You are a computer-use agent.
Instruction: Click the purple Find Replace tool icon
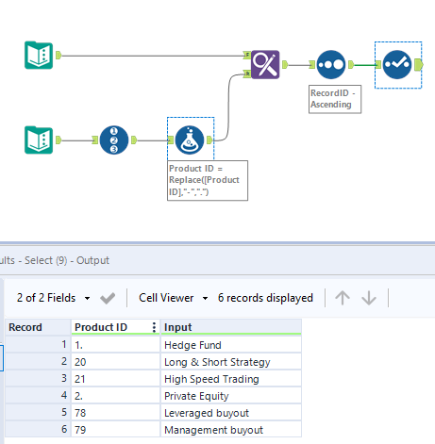pyautogui.click(x=265, y=64)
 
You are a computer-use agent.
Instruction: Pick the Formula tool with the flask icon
pyautogui.click(x=185, y=140)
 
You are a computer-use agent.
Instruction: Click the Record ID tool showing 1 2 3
pyautogui.click(x=113, y=140)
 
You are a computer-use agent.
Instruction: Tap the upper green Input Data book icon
pyautogui.click(x=38, y=56)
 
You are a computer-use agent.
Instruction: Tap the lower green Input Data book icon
pyautogui.click(x=38, y=140)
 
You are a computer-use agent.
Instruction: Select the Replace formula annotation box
pyautogui.click(x=207, y=179)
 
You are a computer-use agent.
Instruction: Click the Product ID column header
pyautogui.click(x=104, y=327)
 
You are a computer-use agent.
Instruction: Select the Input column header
pyautogui.click(x=179, y=327)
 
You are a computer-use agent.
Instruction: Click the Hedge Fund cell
pyautogui.click(x=192, y=345)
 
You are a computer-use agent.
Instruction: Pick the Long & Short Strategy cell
pyautogui.click(x=216, y=362)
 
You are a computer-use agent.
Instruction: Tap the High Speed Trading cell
pyautogui.click(x=209, y=379)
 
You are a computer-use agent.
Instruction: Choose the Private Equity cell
pyautogui.click(x=197, y=396)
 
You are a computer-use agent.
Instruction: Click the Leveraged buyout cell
pyautogui.click(x=208, y=413)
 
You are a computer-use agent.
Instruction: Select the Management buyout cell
pyautogui.click(x=213, y=430)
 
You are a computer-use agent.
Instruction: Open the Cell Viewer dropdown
pyautogui.click(x=173, y=298)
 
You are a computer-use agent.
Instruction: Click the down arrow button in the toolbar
pyautogui.click(x=369, y=298)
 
